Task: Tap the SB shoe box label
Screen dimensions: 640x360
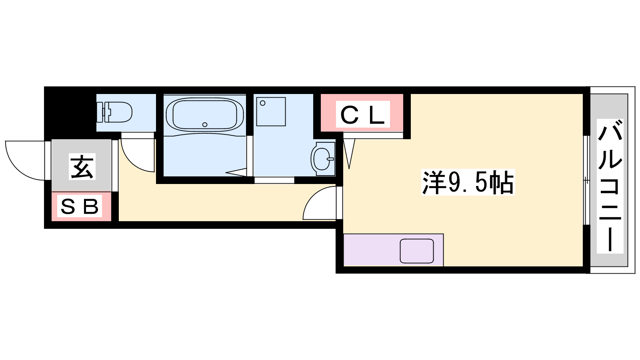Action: [x=80, y=206]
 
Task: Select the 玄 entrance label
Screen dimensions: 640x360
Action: [x=82, y=167]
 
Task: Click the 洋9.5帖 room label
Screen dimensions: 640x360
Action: [x=468, y=182]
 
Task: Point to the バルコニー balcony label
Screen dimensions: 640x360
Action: [x=610, y=186]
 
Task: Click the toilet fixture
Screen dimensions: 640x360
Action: [x=114, y=112]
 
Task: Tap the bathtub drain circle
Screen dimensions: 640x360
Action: [x=204, y=124]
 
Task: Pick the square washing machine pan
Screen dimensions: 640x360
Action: [x=271, y=112]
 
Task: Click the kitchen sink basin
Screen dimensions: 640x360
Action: [x=416, y=251]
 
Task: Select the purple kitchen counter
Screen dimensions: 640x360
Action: [x=394, y=250]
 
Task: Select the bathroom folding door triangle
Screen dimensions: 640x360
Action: [x=236, y=172]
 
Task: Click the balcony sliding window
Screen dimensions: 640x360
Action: [x=586, y=180]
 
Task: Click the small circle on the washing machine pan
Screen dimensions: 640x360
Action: [x=262, y=103]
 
